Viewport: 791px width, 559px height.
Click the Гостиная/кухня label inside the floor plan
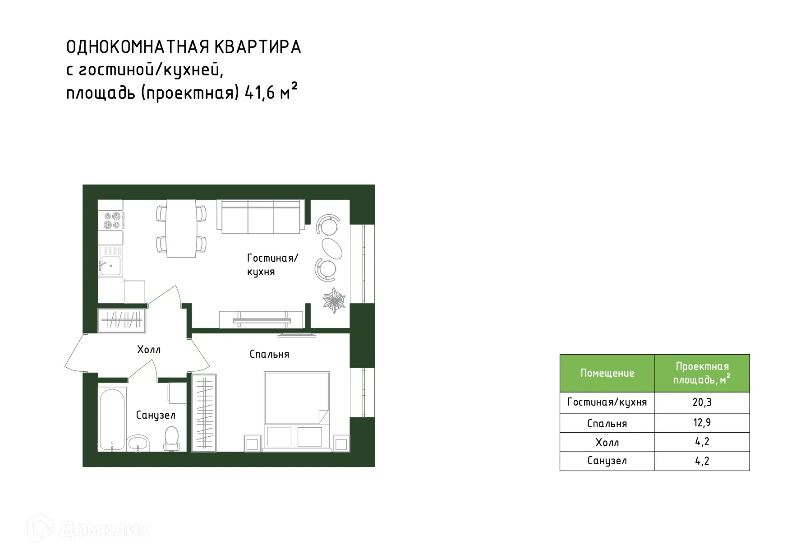coord(272,265)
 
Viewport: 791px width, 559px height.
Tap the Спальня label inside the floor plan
coord(269,355)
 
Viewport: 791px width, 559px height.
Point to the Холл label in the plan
coord(149,350)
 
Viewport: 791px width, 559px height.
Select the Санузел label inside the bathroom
coord(156,415)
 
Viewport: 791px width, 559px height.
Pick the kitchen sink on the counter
coord(110,266)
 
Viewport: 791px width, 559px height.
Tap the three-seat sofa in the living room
coord(261,217)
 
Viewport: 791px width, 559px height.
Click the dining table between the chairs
coord(181,228)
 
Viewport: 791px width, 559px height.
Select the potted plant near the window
coord(334,300)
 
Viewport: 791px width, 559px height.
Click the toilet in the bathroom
coord(172,438)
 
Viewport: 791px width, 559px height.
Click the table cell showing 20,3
coord(702,402)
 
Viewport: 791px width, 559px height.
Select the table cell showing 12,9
coord(702,423)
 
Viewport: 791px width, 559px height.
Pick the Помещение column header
coord(607,373)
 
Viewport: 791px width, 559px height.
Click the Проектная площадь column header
coord(702,373)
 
